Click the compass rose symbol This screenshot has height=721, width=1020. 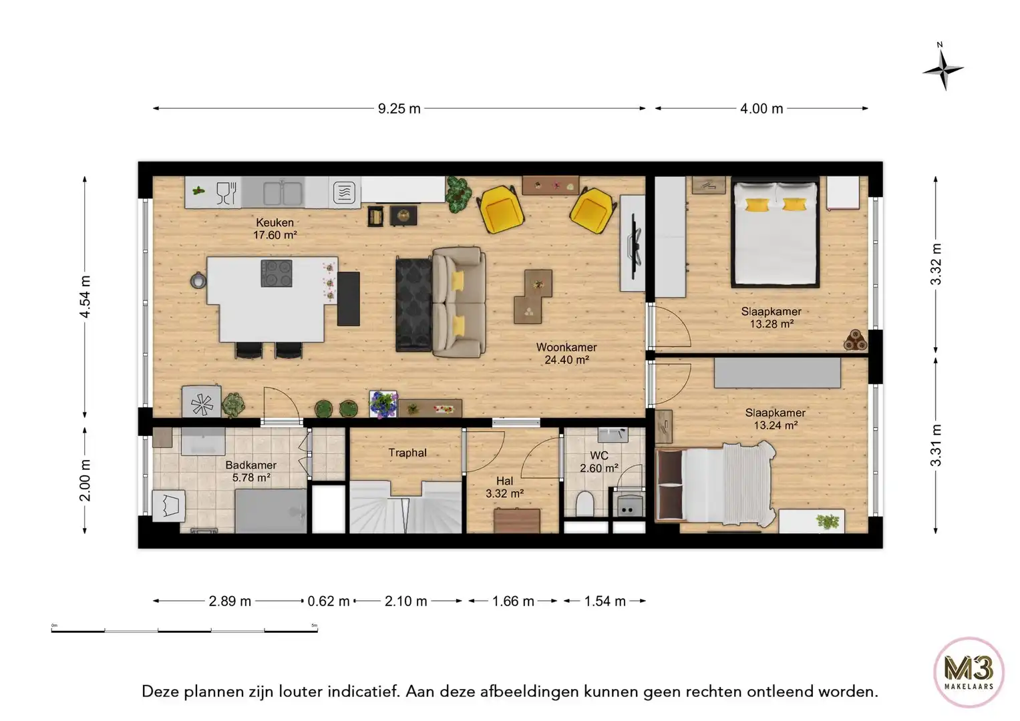[943, 69]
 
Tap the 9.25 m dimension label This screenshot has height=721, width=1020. [399, 109]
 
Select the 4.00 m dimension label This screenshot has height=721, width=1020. [761, 109]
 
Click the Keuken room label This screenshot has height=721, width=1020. [275, 223]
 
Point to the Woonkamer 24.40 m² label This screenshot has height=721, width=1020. [566, 354]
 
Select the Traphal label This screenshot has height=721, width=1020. [407, 453]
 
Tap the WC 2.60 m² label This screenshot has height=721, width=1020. [599, 462]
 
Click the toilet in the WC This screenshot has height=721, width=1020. [585, 505]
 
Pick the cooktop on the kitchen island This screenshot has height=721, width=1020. [277, 273]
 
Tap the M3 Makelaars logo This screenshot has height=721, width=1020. [968, 672]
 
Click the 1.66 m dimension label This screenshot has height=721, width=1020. [513, 602]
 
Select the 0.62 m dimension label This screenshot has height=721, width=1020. [329, 602]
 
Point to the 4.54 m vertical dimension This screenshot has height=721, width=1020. [86, 297]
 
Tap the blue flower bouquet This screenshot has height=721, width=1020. [383, 405]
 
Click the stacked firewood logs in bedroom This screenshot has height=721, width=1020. [854, 341]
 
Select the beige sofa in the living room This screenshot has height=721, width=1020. [459, 302]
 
